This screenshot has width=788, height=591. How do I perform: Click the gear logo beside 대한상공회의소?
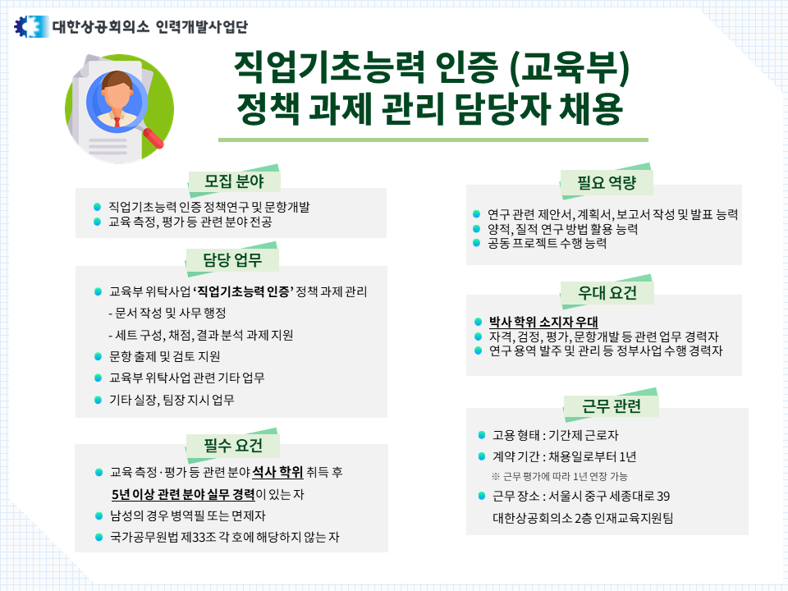coord(27,26)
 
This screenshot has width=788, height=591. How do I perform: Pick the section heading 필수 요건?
coord(233,445)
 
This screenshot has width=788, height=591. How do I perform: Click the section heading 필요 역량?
coord(607,181)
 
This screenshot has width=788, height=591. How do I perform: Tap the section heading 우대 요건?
coord(607,293)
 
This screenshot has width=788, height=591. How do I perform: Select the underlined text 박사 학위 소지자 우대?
coord(543,321)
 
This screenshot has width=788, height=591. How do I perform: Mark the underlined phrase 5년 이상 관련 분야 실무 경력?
coord(182,495)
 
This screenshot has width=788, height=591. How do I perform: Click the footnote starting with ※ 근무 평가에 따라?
coord(560,476)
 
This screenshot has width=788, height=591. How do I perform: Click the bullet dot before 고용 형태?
coord(481,434)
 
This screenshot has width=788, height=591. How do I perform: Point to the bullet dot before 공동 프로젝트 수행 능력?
coord(477,244)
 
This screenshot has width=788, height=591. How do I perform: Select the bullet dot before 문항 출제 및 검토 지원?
coord(98,356)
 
